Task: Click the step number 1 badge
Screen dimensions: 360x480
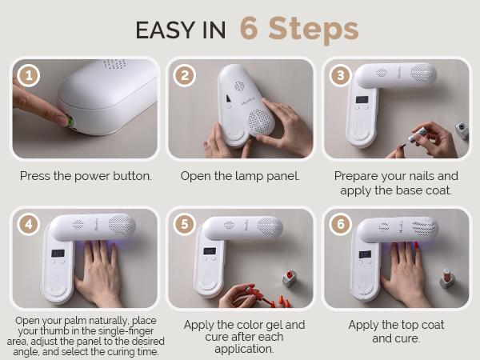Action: tap(29, 76)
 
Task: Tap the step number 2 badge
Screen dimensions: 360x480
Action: tap(185, 76)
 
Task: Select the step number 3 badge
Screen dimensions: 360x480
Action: tap(340, 76)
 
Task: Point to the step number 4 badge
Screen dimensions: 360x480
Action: tap(29, 226)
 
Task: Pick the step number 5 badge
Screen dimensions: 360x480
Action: tap(185, 226)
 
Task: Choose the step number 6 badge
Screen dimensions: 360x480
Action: tap(340, 226)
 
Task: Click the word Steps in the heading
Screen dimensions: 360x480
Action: tap(314, 30)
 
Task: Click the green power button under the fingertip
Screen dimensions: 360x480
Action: tap(70, 122)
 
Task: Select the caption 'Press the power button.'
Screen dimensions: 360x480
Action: tap(85, 175)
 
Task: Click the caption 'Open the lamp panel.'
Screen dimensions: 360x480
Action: tap(240, 175)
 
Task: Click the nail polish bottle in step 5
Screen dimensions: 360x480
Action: tap(289, 278)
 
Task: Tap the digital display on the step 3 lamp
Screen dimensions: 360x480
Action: tap(362, 101)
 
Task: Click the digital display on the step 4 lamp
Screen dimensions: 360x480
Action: tap(58, 254)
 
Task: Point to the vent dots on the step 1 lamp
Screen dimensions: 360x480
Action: tap(114, 64)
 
